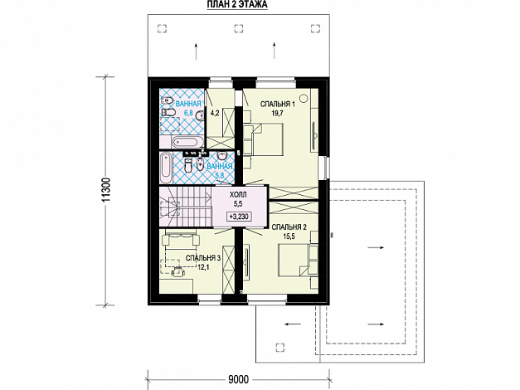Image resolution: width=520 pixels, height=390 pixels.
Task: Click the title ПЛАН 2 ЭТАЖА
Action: pos(237,5)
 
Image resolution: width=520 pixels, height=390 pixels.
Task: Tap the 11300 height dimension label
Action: pos(106,190)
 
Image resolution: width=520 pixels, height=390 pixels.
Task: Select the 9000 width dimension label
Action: pos(239,379)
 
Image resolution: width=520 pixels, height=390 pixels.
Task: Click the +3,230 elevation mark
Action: pos(239,217)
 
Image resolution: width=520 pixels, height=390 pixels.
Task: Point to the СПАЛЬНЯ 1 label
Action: pos(278,105)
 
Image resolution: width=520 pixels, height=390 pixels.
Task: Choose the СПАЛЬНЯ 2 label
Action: pos(289,227)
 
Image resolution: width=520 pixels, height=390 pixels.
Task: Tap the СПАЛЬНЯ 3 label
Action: pos(203,258)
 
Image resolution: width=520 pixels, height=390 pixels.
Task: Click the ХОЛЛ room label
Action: pos(238,195)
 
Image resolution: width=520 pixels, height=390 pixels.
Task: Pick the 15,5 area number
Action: pos(289,236)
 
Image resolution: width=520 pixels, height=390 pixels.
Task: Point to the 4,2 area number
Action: pos(215,113)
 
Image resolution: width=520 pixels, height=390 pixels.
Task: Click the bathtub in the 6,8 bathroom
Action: pos(185,142)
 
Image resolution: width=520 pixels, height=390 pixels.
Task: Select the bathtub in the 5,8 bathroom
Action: pos(166,168)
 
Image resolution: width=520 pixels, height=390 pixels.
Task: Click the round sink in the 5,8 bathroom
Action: pos(221,156)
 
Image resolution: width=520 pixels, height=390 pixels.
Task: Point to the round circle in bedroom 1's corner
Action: pos(303,98)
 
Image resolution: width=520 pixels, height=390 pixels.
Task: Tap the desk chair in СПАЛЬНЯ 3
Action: pos(177,271)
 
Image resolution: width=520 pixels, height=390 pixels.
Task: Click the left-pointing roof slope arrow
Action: pos(293,324)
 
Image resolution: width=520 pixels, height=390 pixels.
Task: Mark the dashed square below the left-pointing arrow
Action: pos(280,347)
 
